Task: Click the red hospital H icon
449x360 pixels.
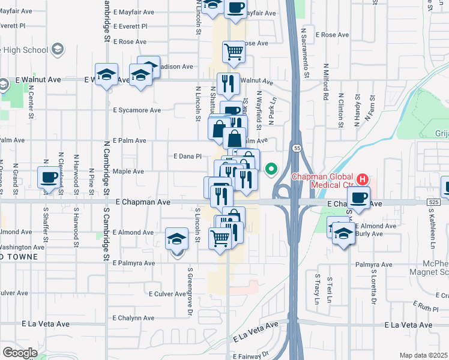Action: [x=362, y=179]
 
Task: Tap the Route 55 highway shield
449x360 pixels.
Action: [x=297, y=148]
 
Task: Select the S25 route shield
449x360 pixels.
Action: [x=435, y=203]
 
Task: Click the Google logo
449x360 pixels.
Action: [x=20, y=352]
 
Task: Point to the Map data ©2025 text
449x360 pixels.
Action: [x=423, y=355]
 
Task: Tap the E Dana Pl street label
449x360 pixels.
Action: [x=187, y=156]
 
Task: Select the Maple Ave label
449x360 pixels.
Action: [x=128, y=171]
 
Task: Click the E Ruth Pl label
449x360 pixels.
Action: [x=428, y=308]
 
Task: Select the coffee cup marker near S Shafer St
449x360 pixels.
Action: [x=49, y=178]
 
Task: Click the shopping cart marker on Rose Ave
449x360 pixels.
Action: [x=234, y=51]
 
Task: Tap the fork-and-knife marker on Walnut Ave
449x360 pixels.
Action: [x=228, y=83]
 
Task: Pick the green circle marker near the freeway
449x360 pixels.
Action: [x=271, y=169]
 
